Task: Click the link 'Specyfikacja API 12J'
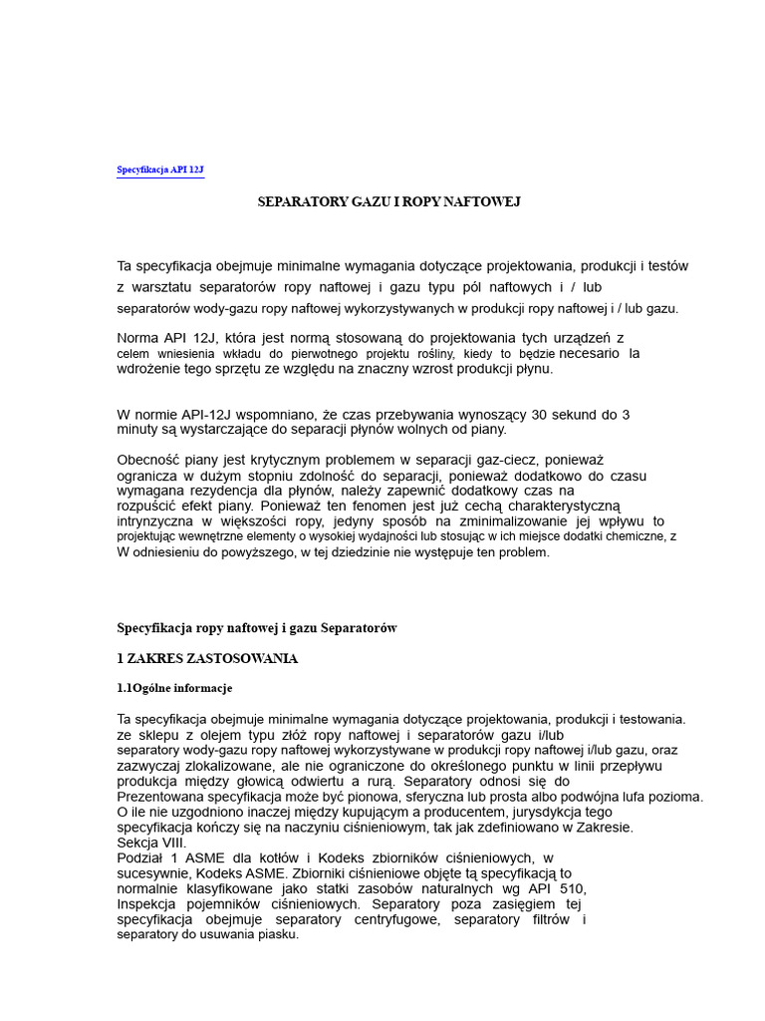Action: (x=160, y=170)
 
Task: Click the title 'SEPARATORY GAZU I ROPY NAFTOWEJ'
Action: (x=389, y=201)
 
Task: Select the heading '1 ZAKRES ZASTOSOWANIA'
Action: (x=207, y=659)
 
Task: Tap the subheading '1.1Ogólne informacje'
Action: (x=174, y=688)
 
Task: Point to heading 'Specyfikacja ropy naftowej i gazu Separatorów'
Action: (x=257, y=628)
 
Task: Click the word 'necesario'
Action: (x=589, y=353)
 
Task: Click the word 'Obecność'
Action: (x=146, y=460)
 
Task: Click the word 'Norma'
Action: (x=137, y=338)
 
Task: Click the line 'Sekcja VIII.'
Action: (x=150, y=843)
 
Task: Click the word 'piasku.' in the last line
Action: (x=278, y=934)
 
